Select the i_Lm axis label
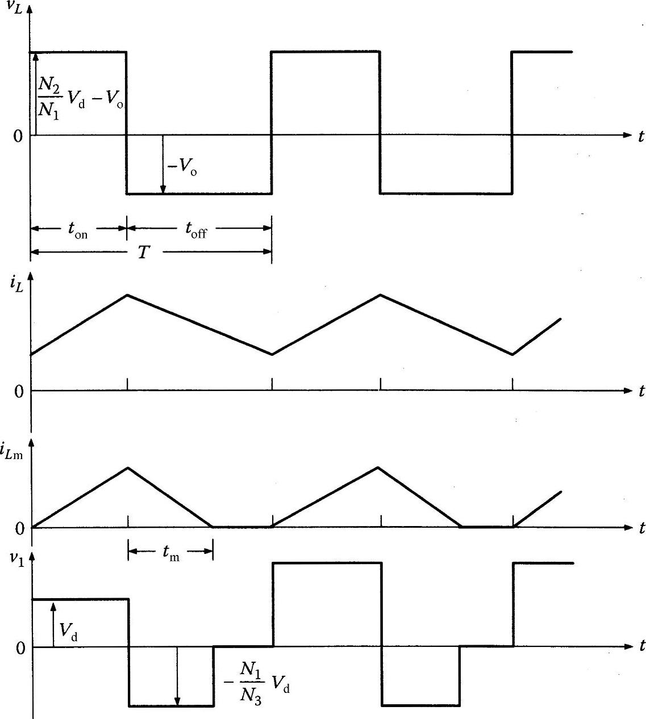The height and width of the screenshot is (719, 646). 16,452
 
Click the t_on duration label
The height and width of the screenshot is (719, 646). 77,230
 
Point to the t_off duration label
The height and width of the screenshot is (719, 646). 195,230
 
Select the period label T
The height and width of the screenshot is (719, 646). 144,252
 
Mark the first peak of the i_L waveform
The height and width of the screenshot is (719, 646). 127,295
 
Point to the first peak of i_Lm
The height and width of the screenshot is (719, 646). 128,468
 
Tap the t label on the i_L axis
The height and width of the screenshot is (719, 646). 641,391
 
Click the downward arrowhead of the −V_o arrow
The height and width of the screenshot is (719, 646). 163,190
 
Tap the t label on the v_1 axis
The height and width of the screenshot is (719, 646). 641,646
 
